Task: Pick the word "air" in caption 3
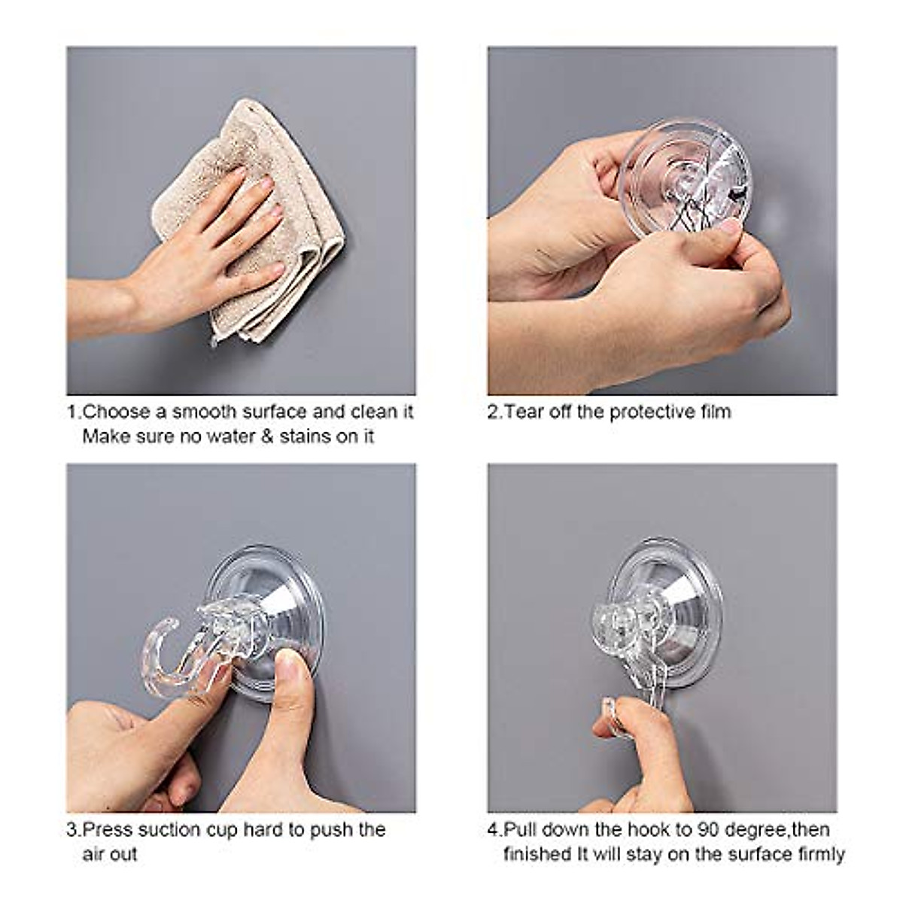(94, 854)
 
